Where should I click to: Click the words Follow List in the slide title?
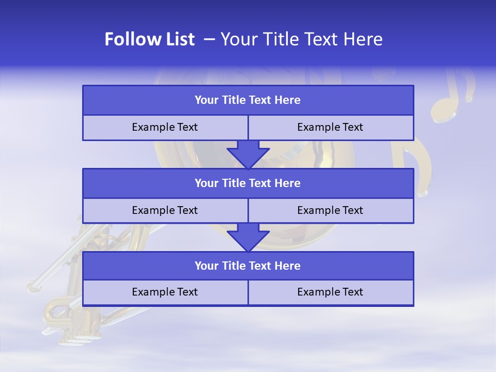[x=149, y=40]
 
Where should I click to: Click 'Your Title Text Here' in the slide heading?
[x=301, y=40]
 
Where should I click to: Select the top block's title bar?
[x=248, y=100]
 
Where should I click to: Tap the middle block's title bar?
[x=248, y=183]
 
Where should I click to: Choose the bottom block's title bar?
[x=248, y=266]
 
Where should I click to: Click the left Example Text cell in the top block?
[x=165, y=127]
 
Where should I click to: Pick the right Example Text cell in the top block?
[x=330, y=127]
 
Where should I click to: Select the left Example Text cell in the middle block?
[x=165, y=210]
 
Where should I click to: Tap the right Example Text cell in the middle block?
[x=330, y=210]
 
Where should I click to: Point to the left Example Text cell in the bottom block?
[x=165, y=292]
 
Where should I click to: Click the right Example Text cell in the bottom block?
[x=330, y=292]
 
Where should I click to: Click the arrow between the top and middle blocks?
[x=248, y=154]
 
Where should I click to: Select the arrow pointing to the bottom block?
[x=248, y=237]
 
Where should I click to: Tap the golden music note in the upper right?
[x=452, y=96]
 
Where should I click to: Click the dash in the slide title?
[x=209, y=40]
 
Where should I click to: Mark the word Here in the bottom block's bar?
[x=288, y=266]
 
